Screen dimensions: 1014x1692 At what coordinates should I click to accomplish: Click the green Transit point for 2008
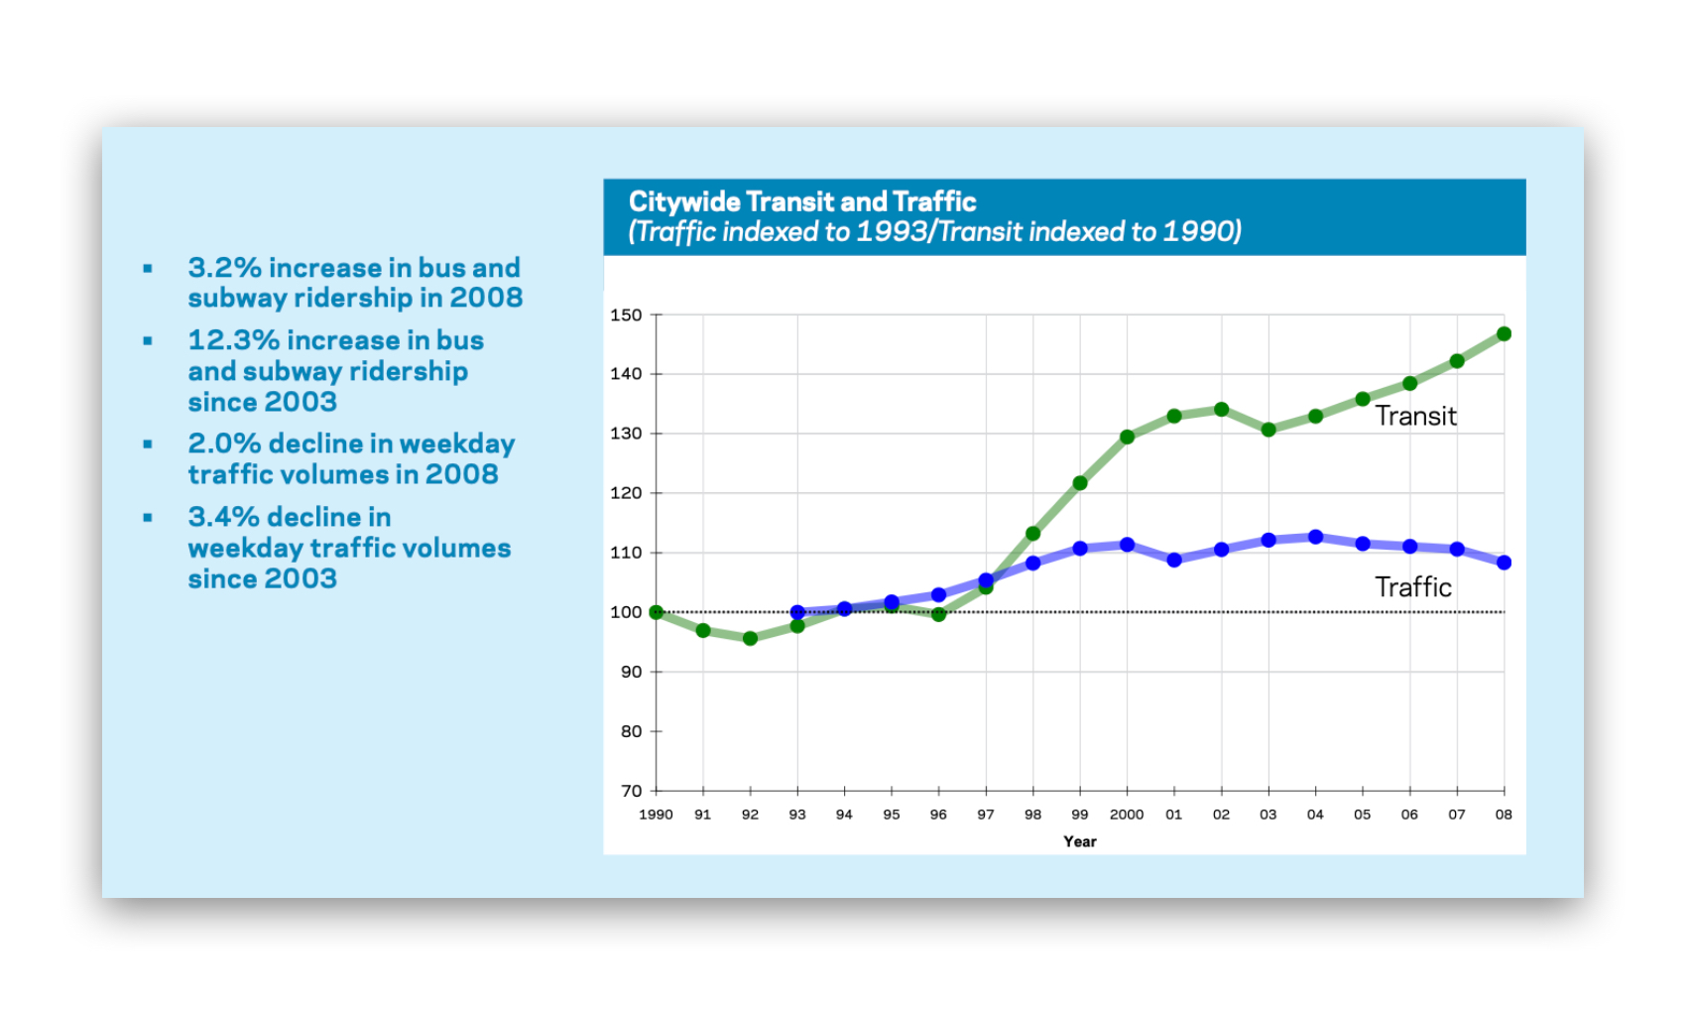point(1504,334)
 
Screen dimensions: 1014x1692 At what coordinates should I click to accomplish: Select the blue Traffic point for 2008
point(1504,563)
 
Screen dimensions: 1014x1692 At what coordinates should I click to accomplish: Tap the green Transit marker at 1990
point(656,612)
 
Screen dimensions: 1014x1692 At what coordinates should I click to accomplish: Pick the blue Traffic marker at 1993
point(797,612)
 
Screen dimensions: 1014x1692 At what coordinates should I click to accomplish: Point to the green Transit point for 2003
point(1269,430)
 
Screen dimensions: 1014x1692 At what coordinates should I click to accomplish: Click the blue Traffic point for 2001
point(1174,560)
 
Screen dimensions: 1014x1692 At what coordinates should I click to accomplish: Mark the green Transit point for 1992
point(750,638)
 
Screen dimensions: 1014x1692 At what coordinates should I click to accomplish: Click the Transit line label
point(1415,416)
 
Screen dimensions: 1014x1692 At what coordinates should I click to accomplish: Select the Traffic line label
point(1412,587)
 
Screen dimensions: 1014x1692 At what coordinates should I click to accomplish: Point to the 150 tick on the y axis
point(626,316)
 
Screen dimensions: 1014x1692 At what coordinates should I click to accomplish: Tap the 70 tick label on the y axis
point(631,791)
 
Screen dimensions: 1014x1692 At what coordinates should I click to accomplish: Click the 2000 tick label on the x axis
point(1127,815)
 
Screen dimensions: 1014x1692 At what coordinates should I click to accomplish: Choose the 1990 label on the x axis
point(656,815)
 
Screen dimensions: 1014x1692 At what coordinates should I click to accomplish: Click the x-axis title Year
point(1079,841)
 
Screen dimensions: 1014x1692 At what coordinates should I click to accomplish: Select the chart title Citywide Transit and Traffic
point(802,202)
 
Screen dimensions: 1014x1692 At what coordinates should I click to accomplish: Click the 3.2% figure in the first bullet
point(225,268)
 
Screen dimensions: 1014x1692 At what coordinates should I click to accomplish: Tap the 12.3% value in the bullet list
point(234,340)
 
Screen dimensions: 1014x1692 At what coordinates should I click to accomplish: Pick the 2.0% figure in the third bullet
point(225,444)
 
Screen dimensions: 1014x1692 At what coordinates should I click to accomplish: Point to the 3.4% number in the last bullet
point(225,517)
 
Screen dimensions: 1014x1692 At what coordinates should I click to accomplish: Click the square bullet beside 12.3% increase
point(148,340)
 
